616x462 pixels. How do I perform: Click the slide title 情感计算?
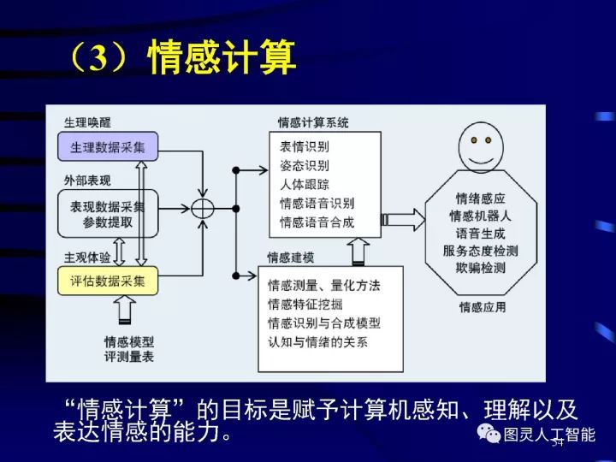pyautogui.click(x=181, y=58)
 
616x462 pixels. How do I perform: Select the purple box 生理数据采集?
pyautogui.click(x=108, y=147)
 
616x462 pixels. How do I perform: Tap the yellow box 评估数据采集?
pyautogui.click(x=108, y=280)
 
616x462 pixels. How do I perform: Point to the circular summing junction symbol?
pyautogui.click(x=203, y=208)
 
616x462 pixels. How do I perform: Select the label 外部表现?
pyautogui.click(x=86, y=181)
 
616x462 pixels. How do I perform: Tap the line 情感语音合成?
pyautogui.click(x=317, y=222)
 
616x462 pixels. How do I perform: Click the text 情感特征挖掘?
pyautogui.click(x=311, y=304)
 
